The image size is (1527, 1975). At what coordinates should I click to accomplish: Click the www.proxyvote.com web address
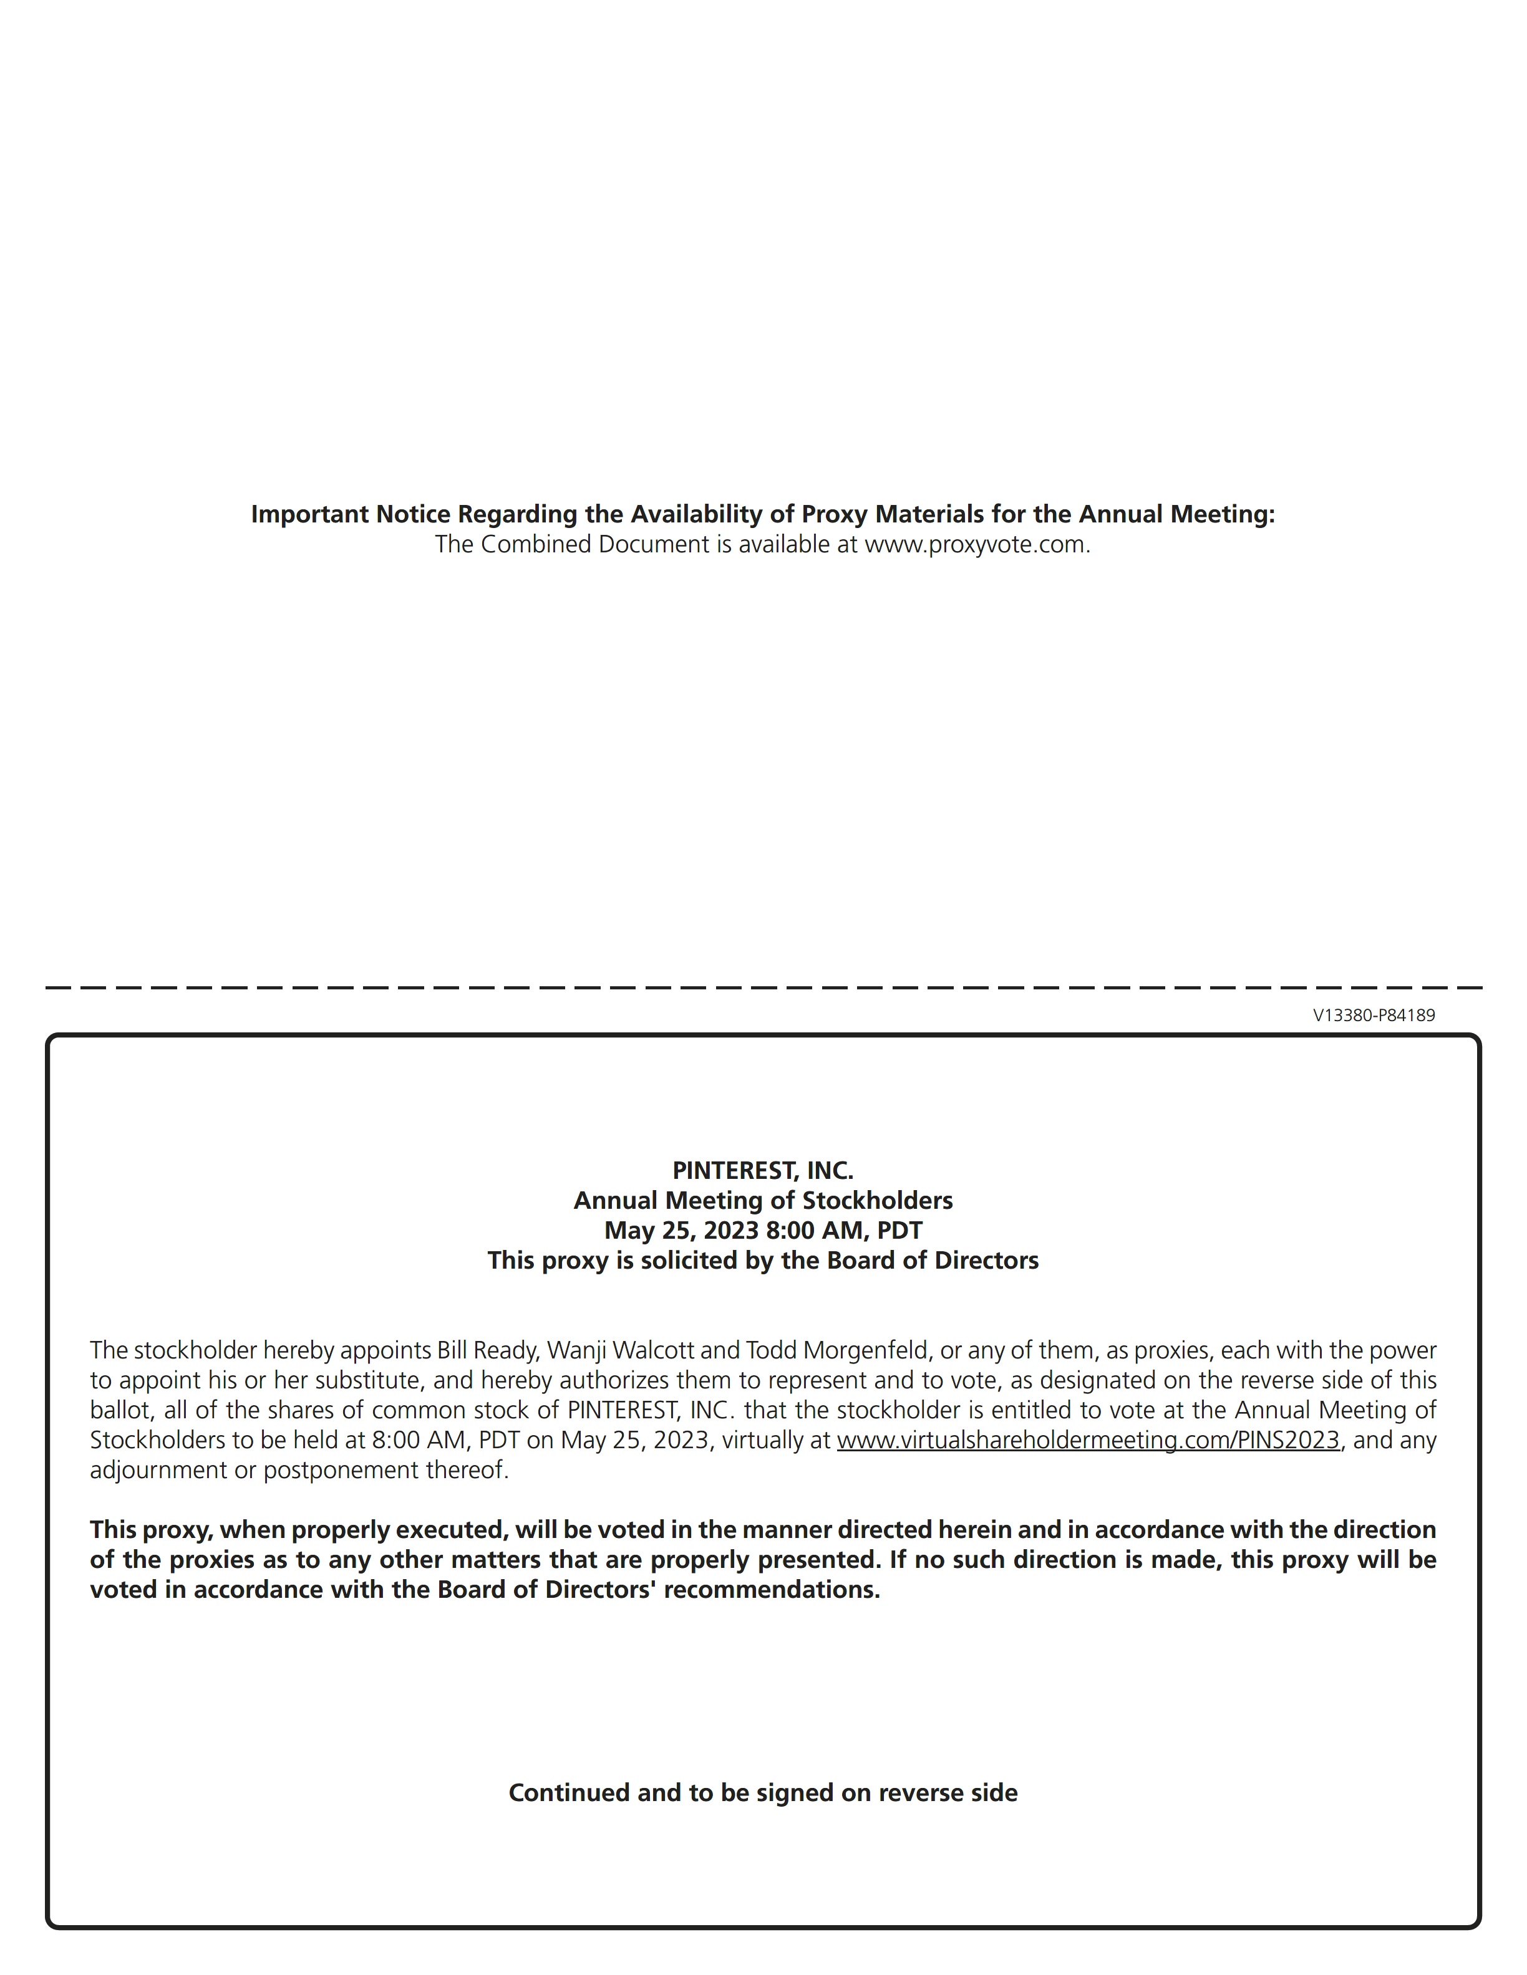(x=975, y=544)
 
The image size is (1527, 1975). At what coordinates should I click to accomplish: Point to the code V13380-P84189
(x=1373, y=1016)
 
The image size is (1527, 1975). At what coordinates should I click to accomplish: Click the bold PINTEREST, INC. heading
(x=763, y=1170)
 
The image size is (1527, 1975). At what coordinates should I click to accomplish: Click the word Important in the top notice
(x=309, y=514)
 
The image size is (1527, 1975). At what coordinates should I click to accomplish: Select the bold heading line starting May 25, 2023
(x=763, y=1230)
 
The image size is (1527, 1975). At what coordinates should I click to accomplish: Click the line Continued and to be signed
(x=763, y=1792)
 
